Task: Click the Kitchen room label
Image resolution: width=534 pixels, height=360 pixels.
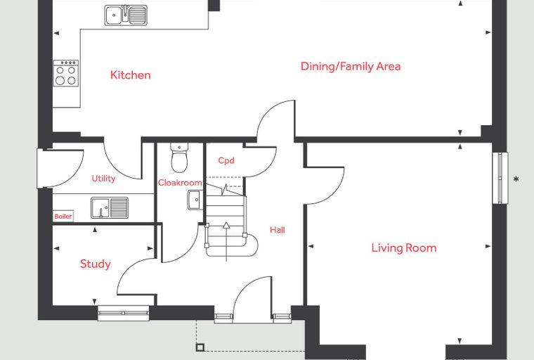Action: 131,75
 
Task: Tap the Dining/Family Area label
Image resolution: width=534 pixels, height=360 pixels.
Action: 351,66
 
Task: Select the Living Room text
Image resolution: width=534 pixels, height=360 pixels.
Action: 404,247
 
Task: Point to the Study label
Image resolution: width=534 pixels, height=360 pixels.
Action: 96,264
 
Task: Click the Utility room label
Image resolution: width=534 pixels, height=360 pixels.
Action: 103,179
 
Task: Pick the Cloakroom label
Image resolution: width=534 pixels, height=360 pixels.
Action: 180,183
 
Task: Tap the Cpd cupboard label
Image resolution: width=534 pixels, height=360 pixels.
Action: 226,160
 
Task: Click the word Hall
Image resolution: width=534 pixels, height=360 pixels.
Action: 278,230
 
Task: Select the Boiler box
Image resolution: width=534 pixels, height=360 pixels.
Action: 63,216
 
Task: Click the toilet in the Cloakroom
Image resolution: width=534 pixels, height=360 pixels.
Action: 179,157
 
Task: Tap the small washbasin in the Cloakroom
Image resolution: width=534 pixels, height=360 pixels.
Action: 194,200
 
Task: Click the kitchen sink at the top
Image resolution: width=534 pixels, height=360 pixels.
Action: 126,15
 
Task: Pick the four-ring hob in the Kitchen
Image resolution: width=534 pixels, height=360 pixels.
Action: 66,73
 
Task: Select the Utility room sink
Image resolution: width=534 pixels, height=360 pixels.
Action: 110,207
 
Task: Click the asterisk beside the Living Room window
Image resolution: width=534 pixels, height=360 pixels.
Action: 516,179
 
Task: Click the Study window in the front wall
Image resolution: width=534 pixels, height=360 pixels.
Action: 123,313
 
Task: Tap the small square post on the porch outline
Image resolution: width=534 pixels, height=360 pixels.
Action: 200,347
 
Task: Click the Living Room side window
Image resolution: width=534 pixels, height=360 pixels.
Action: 500,178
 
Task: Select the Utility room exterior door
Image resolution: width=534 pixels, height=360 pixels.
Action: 60,169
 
